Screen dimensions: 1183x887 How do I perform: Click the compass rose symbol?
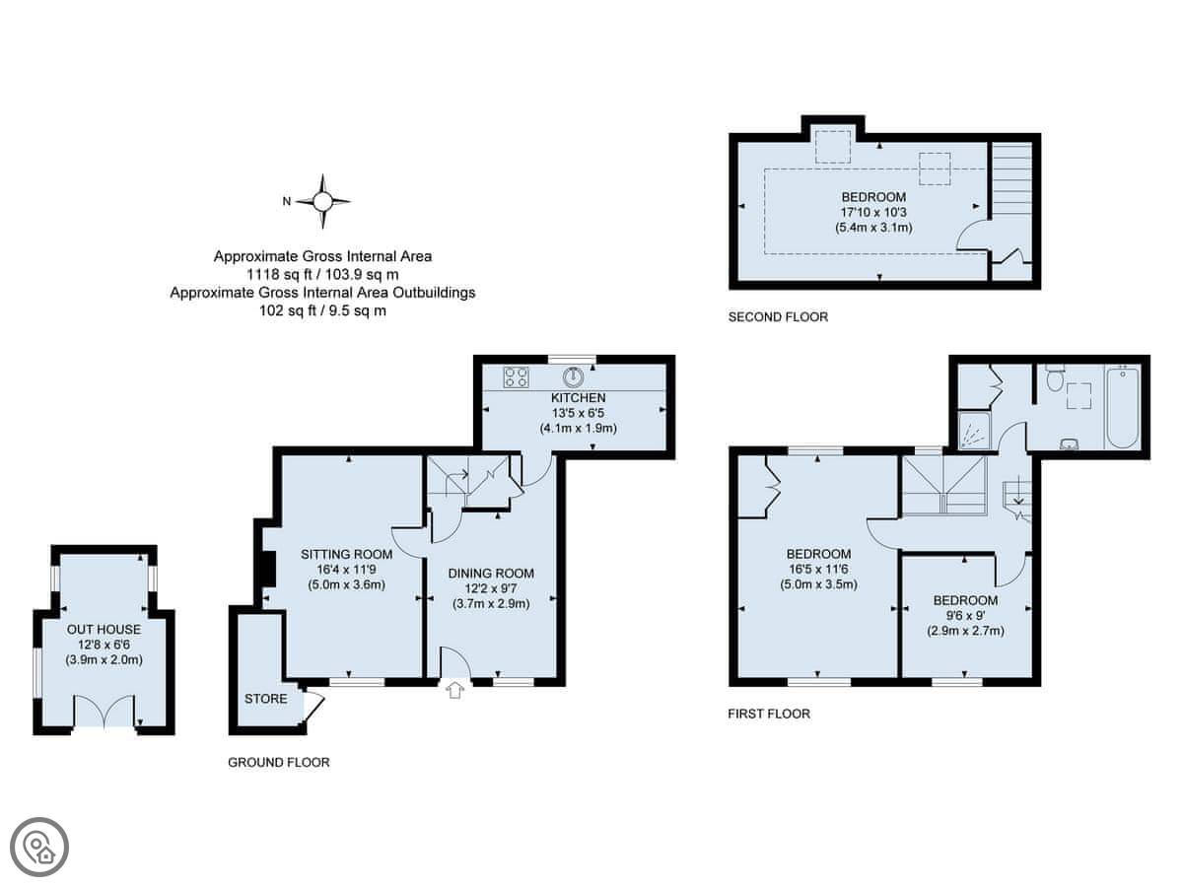[322, 202]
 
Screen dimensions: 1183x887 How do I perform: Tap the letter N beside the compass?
[287, 201]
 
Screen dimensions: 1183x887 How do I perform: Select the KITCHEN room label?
[578, 398]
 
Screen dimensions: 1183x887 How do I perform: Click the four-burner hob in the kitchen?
[516, 377]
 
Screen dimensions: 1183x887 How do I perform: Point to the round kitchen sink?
[573, 377]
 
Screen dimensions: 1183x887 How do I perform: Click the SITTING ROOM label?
[347, 554]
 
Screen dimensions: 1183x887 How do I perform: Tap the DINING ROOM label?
[491, 574]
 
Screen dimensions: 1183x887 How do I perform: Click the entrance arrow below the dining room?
[455, 691]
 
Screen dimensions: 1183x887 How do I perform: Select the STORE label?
[266, 699]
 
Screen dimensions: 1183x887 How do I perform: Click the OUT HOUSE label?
[104, 630]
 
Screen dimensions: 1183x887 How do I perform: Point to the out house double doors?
[104, 711]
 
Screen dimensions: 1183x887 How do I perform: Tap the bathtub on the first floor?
[1123, 407]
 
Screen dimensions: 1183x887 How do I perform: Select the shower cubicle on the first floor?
[974, 431]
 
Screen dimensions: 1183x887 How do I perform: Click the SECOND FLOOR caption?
[778, 316]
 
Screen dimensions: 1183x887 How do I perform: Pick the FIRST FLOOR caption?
[769, 714]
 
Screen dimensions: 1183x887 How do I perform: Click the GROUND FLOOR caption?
[279, 762]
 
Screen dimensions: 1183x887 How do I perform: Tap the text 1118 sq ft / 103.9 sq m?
[322, 275]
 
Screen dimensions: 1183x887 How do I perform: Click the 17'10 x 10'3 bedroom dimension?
[873, 212]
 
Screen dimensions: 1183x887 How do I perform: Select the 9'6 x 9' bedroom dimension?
[965, 615]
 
